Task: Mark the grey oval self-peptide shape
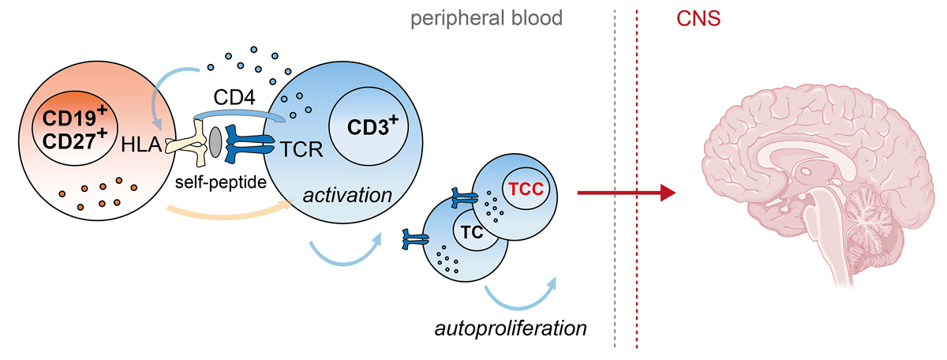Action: pos(215,141)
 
